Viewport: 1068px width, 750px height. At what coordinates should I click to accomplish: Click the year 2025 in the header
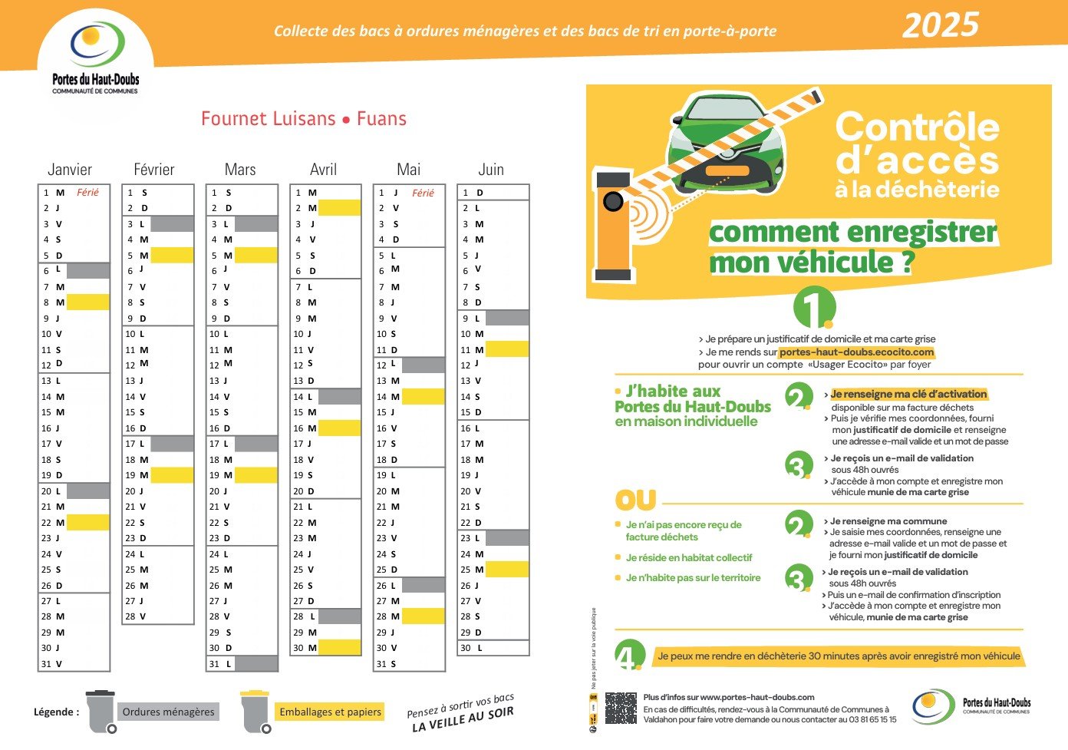(940, 25)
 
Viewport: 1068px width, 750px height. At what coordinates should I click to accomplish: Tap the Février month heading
(153, 170)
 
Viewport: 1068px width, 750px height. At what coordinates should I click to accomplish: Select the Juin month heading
(491, 170)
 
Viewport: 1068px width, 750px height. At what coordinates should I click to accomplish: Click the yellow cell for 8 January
(88, 302)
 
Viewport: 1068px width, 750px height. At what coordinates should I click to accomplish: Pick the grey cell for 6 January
(88, 270)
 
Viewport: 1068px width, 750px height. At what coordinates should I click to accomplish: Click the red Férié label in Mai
(423, 193)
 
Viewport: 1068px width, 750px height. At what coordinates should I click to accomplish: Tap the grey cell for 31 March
(256, 663)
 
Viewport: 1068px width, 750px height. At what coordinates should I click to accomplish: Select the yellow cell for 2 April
(339, 207)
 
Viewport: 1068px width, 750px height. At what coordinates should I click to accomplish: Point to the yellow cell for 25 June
(507, 569)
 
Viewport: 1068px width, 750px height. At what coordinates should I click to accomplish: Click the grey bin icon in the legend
(101, 711)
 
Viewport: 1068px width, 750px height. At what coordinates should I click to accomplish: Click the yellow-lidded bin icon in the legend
(255, 711)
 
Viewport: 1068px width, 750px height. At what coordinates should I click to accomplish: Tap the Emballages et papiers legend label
(330, 712)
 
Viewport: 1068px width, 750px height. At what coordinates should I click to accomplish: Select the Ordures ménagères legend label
(168, 712)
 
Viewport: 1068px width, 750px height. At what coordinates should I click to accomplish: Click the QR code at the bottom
(621, 708)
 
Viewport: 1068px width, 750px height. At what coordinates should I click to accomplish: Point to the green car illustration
(725, 146)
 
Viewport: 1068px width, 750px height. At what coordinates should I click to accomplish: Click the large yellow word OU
(635, 501)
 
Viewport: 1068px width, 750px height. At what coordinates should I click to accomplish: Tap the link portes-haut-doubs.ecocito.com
(856, 352)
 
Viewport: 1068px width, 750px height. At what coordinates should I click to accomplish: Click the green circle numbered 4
(629, 655)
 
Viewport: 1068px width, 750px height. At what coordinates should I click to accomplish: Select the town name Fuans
(381, 119)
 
